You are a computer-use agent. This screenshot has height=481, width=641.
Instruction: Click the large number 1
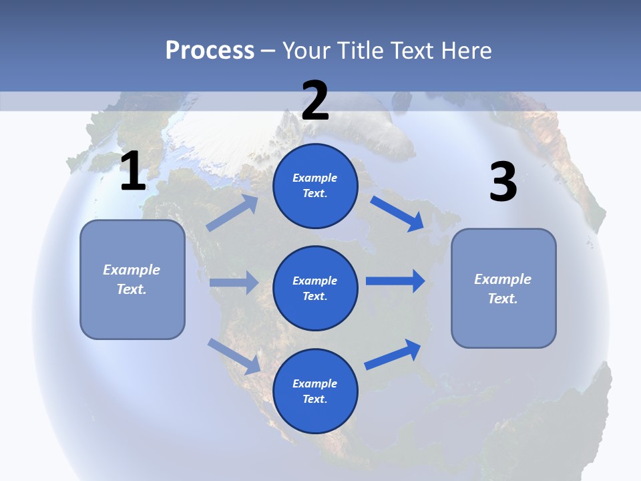[133, 171]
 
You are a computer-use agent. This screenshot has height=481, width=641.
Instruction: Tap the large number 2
[314, 100]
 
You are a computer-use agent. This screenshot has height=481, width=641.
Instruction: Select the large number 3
[503, 182]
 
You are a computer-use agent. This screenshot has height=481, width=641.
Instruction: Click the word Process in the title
[210, 50]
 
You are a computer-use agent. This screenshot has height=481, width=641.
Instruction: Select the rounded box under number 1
[132, 279]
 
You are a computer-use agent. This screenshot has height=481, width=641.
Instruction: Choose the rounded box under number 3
[503, 288]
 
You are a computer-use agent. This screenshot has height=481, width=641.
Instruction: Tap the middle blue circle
[315, 288]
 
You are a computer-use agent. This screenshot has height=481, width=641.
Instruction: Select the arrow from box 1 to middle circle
[234, 283]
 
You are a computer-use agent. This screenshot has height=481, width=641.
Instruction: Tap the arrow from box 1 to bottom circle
[234, 355]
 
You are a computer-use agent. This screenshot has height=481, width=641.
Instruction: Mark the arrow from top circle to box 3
[397, 213]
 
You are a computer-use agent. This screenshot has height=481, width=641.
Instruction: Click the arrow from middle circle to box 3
[395, 281]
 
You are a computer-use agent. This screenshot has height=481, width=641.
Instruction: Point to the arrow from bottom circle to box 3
[393, 354]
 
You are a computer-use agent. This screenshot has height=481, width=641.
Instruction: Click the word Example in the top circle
[315, 178]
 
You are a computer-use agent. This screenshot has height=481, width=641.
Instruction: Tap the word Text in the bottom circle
[314, 399]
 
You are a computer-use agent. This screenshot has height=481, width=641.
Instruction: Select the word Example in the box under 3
[503, 279]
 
